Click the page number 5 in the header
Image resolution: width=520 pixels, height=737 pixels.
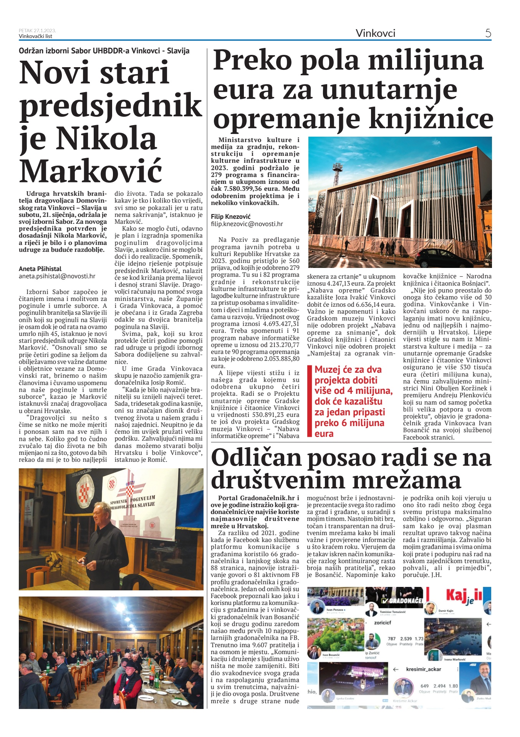pyautogui.click(x=488, y=33)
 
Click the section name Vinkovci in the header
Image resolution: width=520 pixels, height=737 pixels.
pyautogui.click(x=375, y=33)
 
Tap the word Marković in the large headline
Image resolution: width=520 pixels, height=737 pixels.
pyautogui.click(x=91, y=171)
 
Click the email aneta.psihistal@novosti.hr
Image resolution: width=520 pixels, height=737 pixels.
pyautogui.click(x=57, y=276)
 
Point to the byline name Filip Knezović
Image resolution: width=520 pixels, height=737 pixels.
pyautogui.click(x=230, y=216)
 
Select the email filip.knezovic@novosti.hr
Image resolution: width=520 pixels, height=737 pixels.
pyautogui.click(x=247, y=224)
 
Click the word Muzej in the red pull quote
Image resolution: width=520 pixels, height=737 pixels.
pyautogui.click(x=328, y=370)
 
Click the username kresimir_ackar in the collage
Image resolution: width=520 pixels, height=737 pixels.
pyautogui.click(x=423, y=669)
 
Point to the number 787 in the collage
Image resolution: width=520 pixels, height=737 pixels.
pyautogui.click(x=391, y=639)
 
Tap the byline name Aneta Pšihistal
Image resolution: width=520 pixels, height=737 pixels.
pyautogui.click(x=40, y=269)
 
